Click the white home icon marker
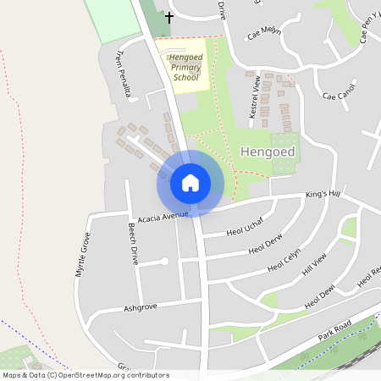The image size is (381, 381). (x=190, y=182)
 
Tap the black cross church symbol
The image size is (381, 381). (x=168, y=16)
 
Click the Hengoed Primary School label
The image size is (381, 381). (x=185, y=66)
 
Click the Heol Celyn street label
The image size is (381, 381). (x=285, y=265)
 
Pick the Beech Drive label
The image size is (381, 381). (x=133, y=244)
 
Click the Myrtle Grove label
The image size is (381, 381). (x=82, y=255)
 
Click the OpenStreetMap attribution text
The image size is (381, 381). (x=85, y=374)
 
